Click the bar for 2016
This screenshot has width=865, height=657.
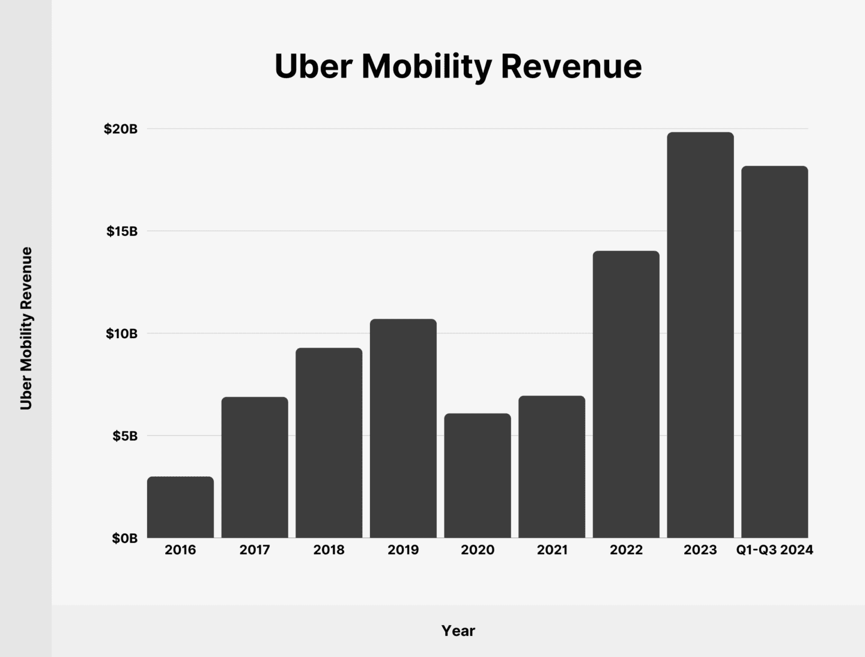180,507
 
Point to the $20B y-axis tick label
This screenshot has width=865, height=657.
121,129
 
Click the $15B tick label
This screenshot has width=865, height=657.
122,231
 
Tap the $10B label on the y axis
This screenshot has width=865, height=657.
122,334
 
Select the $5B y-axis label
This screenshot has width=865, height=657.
125,436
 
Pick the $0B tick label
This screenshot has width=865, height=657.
125,539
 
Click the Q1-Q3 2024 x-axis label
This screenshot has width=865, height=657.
774,550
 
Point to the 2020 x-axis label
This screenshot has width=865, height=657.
478,550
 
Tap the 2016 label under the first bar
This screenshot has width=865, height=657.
180,550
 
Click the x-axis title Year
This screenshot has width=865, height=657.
458,631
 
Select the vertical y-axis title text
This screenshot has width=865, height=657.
26,329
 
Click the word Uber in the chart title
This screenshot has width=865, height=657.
312,66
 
